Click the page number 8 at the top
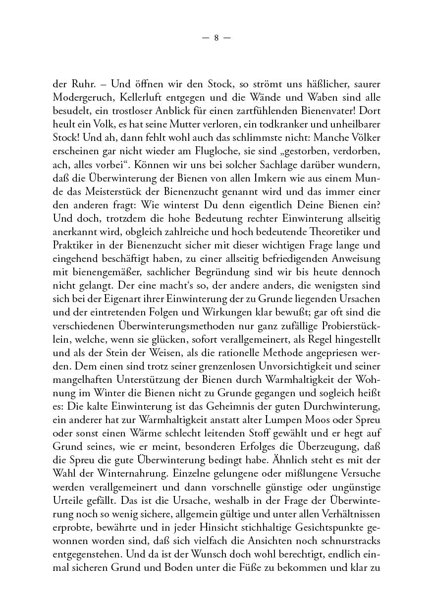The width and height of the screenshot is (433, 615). coord(216,38)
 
